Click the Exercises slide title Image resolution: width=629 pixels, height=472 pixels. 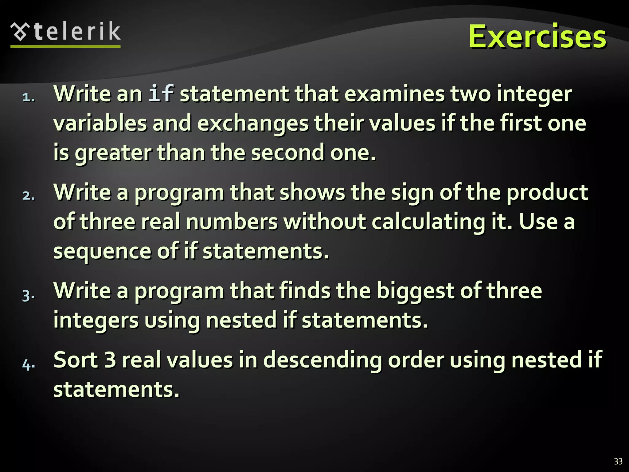[537, 37]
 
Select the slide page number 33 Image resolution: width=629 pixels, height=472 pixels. [618, 461]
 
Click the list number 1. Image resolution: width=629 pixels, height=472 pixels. [28, 97]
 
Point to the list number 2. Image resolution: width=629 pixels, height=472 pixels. [28, 196]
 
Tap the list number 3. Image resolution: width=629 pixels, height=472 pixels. [28, 296]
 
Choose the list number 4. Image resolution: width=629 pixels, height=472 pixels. [28, 365]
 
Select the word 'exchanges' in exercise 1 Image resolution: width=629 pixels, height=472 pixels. [252, 124]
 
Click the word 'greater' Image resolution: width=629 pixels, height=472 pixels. [113, 153]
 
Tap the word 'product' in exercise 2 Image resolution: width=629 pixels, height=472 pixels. [547, 193]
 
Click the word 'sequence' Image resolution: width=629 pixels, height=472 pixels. [102, 251]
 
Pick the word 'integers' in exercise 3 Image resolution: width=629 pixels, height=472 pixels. [96, 320]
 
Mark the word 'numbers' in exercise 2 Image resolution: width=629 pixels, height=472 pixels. [232, 222]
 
